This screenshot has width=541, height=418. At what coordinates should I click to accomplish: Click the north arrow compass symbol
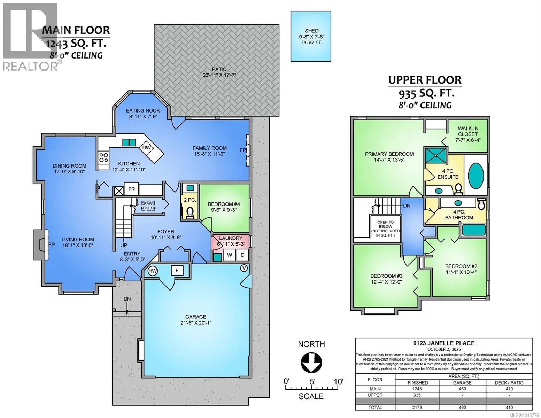[311, 363]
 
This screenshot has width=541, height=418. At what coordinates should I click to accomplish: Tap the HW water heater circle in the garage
[153, 271]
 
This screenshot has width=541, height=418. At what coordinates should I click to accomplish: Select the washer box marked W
[230, 255]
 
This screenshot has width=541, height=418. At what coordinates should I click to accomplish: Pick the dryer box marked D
[242, 255]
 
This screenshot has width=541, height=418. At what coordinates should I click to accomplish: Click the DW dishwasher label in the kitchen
[146, 148]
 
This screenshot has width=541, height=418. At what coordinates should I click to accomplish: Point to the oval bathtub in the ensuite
[476, 176]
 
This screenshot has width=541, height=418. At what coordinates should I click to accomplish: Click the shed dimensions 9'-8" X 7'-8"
[311, 37]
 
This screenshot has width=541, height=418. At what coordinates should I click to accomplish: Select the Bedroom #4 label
[224, 204]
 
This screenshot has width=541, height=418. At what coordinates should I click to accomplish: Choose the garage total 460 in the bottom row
[462, 407]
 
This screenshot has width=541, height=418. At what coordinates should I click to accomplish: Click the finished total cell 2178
[417, 407]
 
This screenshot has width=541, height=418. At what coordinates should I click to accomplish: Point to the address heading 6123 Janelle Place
[444, 343]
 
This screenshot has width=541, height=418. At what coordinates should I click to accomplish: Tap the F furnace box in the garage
[177, 270]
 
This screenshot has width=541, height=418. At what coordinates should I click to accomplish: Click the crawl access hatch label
[148, 206]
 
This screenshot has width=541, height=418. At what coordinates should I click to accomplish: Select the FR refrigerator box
[131, 189]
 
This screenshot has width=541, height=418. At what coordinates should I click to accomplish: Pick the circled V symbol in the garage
[244, 268]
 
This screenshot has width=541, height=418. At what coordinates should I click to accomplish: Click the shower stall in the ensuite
[436, 156]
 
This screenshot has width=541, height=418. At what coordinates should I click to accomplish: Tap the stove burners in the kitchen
[103, 157]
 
